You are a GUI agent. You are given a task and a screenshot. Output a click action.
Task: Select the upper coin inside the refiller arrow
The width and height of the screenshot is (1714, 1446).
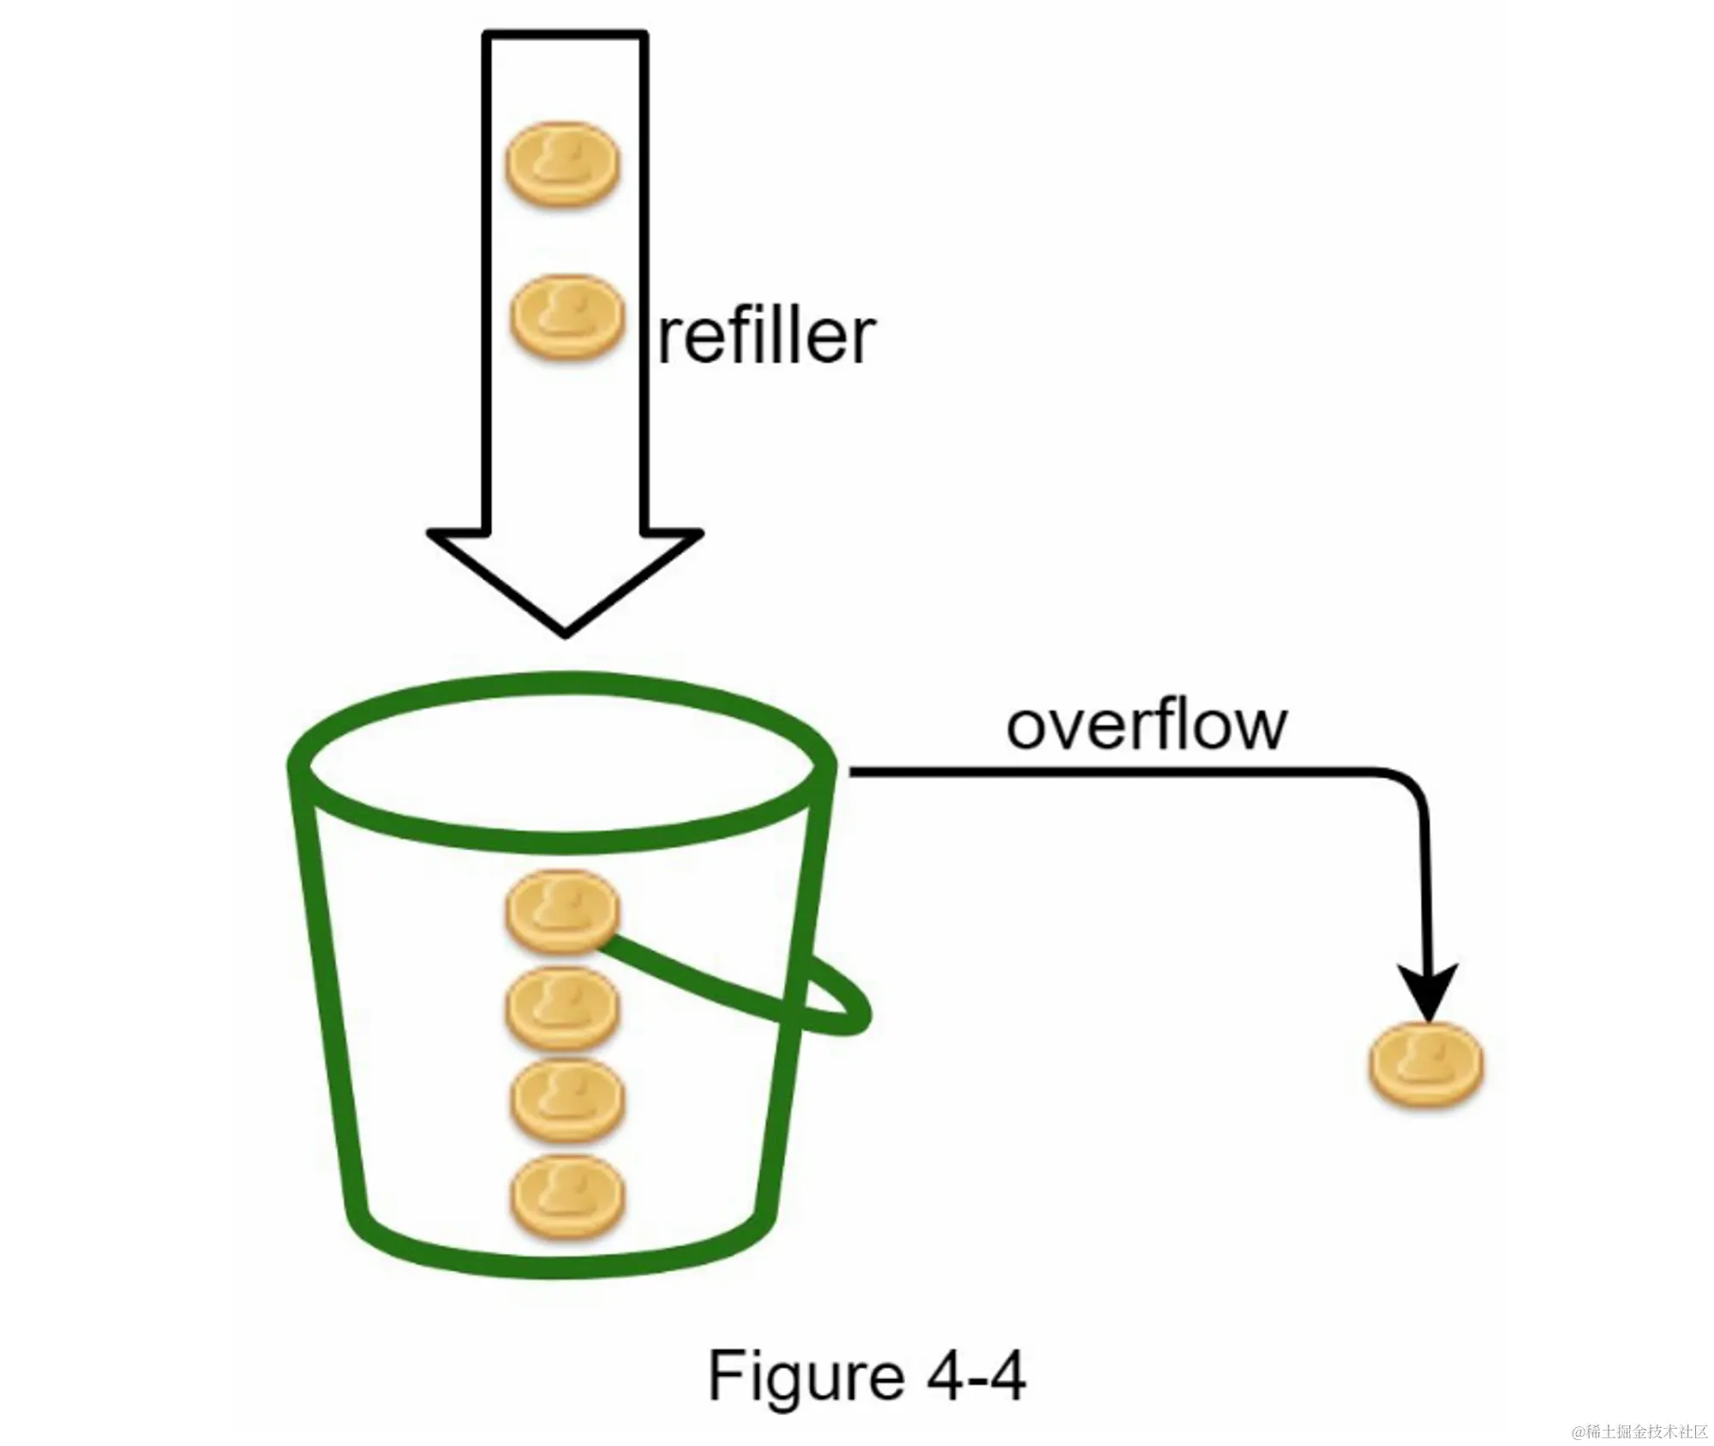tap(562, 164)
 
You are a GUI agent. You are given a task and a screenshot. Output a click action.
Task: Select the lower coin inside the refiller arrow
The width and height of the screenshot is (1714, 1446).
tap(566, 317)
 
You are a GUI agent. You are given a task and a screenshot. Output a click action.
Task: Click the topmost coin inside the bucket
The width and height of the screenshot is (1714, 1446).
tap(562, 911)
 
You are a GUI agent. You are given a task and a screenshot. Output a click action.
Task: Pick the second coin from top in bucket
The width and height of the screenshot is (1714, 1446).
tap(562, 1008)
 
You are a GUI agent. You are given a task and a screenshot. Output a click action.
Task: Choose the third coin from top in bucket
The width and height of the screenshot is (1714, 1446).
tap(566, 1101)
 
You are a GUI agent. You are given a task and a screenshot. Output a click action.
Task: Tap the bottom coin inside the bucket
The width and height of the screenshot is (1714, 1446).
tap(566, 1197)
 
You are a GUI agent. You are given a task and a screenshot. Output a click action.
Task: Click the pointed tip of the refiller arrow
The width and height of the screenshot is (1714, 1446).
tap(565, 632)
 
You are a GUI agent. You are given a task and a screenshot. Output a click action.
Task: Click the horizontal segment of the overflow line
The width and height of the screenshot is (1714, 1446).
tap(1114, 773)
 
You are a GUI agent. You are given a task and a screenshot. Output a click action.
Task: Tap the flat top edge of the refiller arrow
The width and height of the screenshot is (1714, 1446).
tap(565, 35)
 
